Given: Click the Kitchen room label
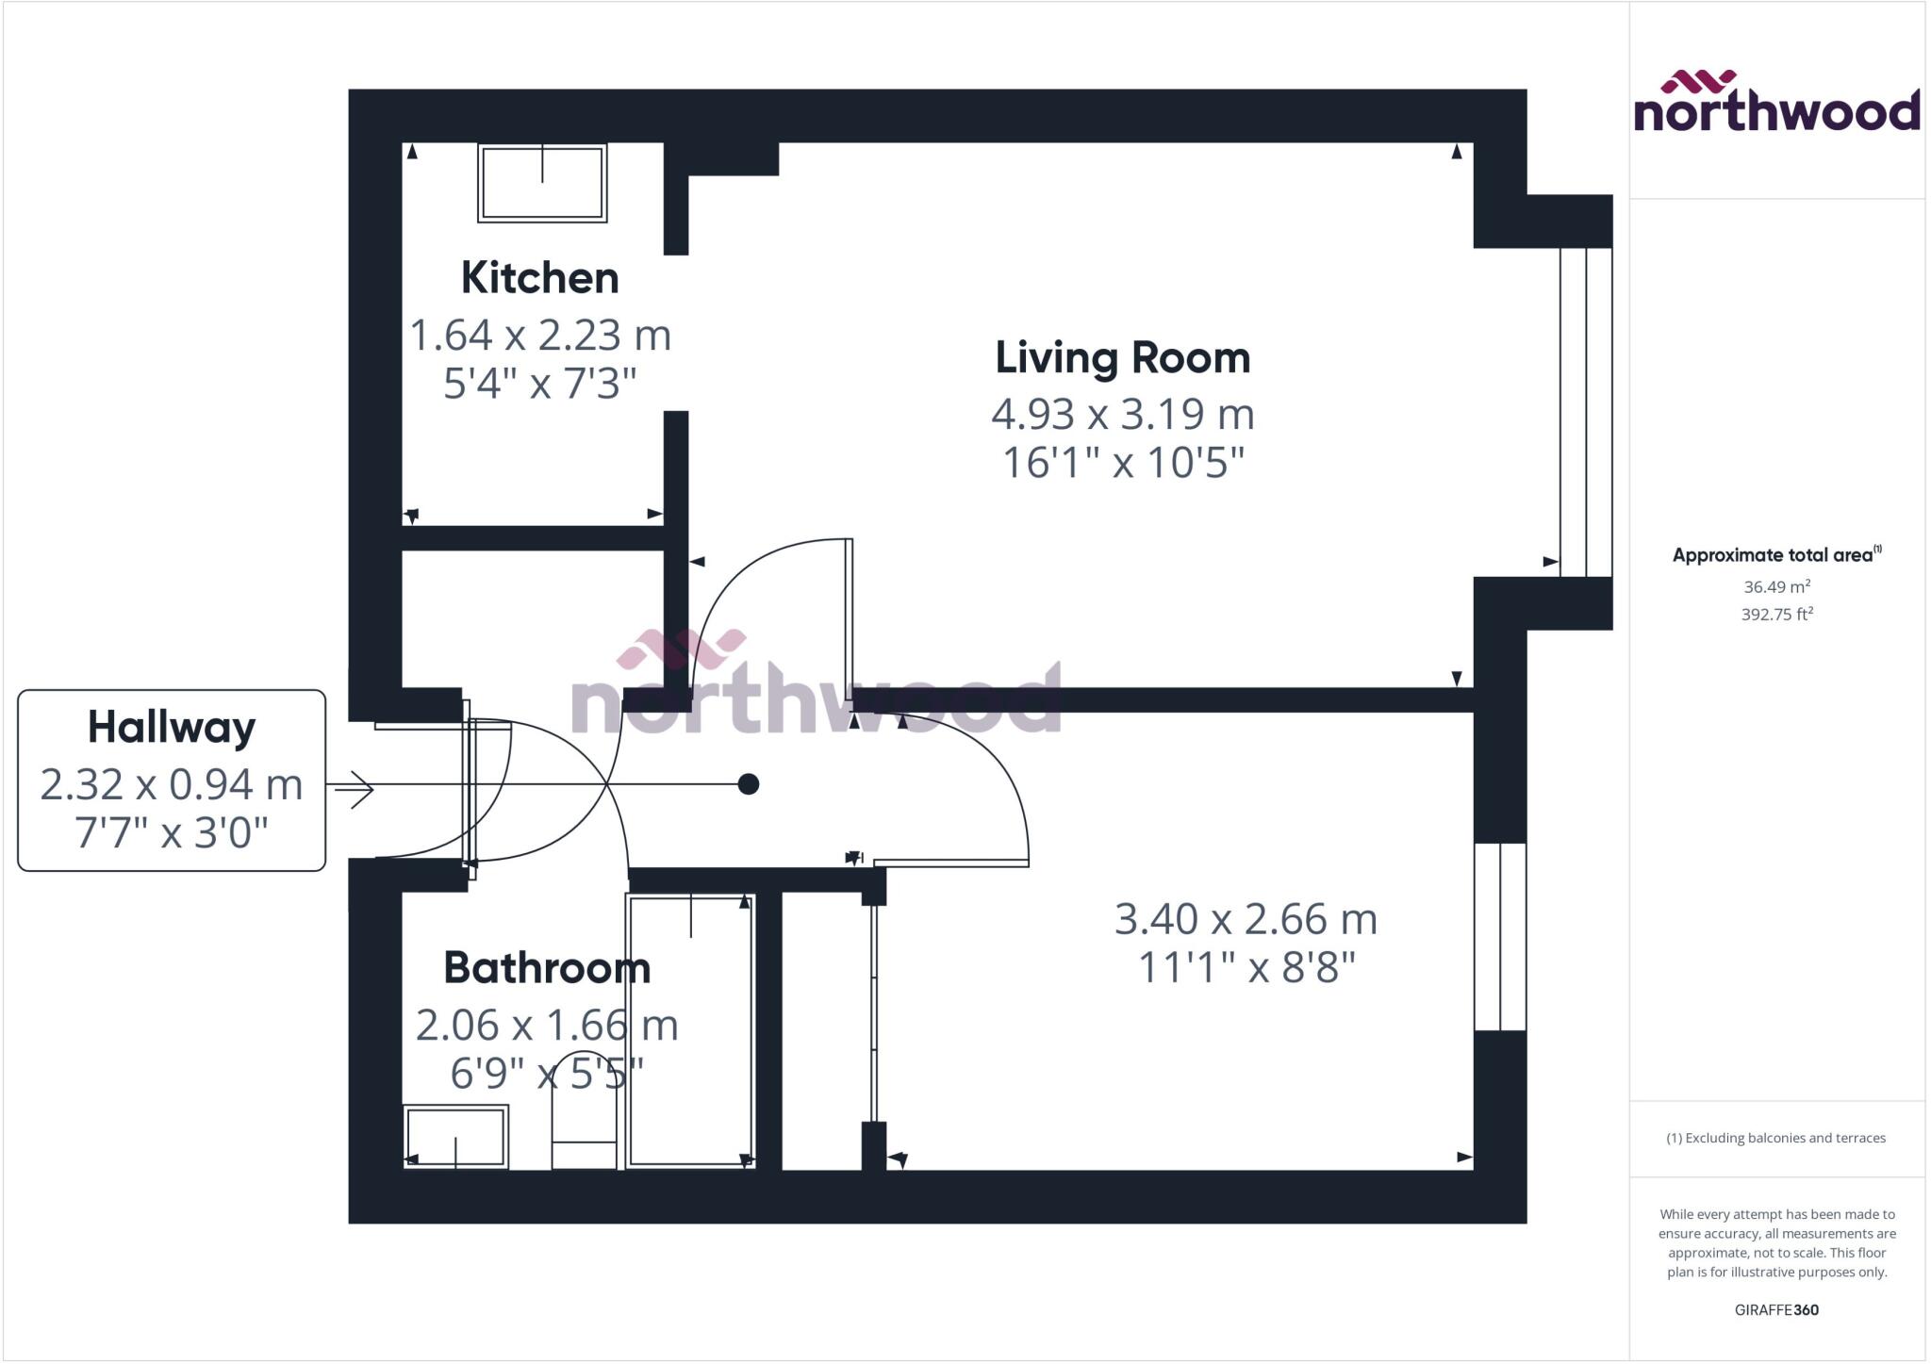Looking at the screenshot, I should click(x=539, y=278).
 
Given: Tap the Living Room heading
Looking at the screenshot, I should click(x=1122, y=358).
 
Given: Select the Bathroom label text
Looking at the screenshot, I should click(x=547, y=968).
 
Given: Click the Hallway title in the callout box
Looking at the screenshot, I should click(x=172, y=728).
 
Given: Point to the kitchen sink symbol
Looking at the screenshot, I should click(x=542, y=183).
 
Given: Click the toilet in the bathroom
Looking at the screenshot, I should click(x=584, y=1112).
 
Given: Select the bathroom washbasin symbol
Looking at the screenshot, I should click(x=456, y=1137).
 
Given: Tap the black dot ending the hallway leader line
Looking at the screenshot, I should click(x=749, y=784).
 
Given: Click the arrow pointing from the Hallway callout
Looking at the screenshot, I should click(x=354, y=789).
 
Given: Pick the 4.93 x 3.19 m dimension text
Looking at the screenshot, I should click(x=1122, y=414).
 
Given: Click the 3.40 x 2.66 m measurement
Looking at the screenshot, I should click(x=1246, y=919).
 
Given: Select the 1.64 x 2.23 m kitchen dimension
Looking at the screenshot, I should click(x=539, y=336).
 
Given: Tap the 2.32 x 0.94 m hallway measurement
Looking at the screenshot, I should click(x=172, y=784).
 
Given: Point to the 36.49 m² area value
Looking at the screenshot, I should click(x=1776, y=586).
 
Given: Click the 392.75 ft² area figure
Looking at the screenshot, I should click(x=1776, y=615).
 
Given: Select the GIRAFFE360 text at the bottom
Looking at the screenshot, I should click(x=1776, y=1309).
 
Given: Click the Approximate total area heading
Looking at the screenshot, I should click(x=1776, y=555).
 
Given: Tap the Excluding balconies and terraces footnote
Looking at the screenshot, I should click(x=1776, y=1138).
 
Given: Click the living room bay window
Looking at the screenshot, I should click(x=1586, y=412).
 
